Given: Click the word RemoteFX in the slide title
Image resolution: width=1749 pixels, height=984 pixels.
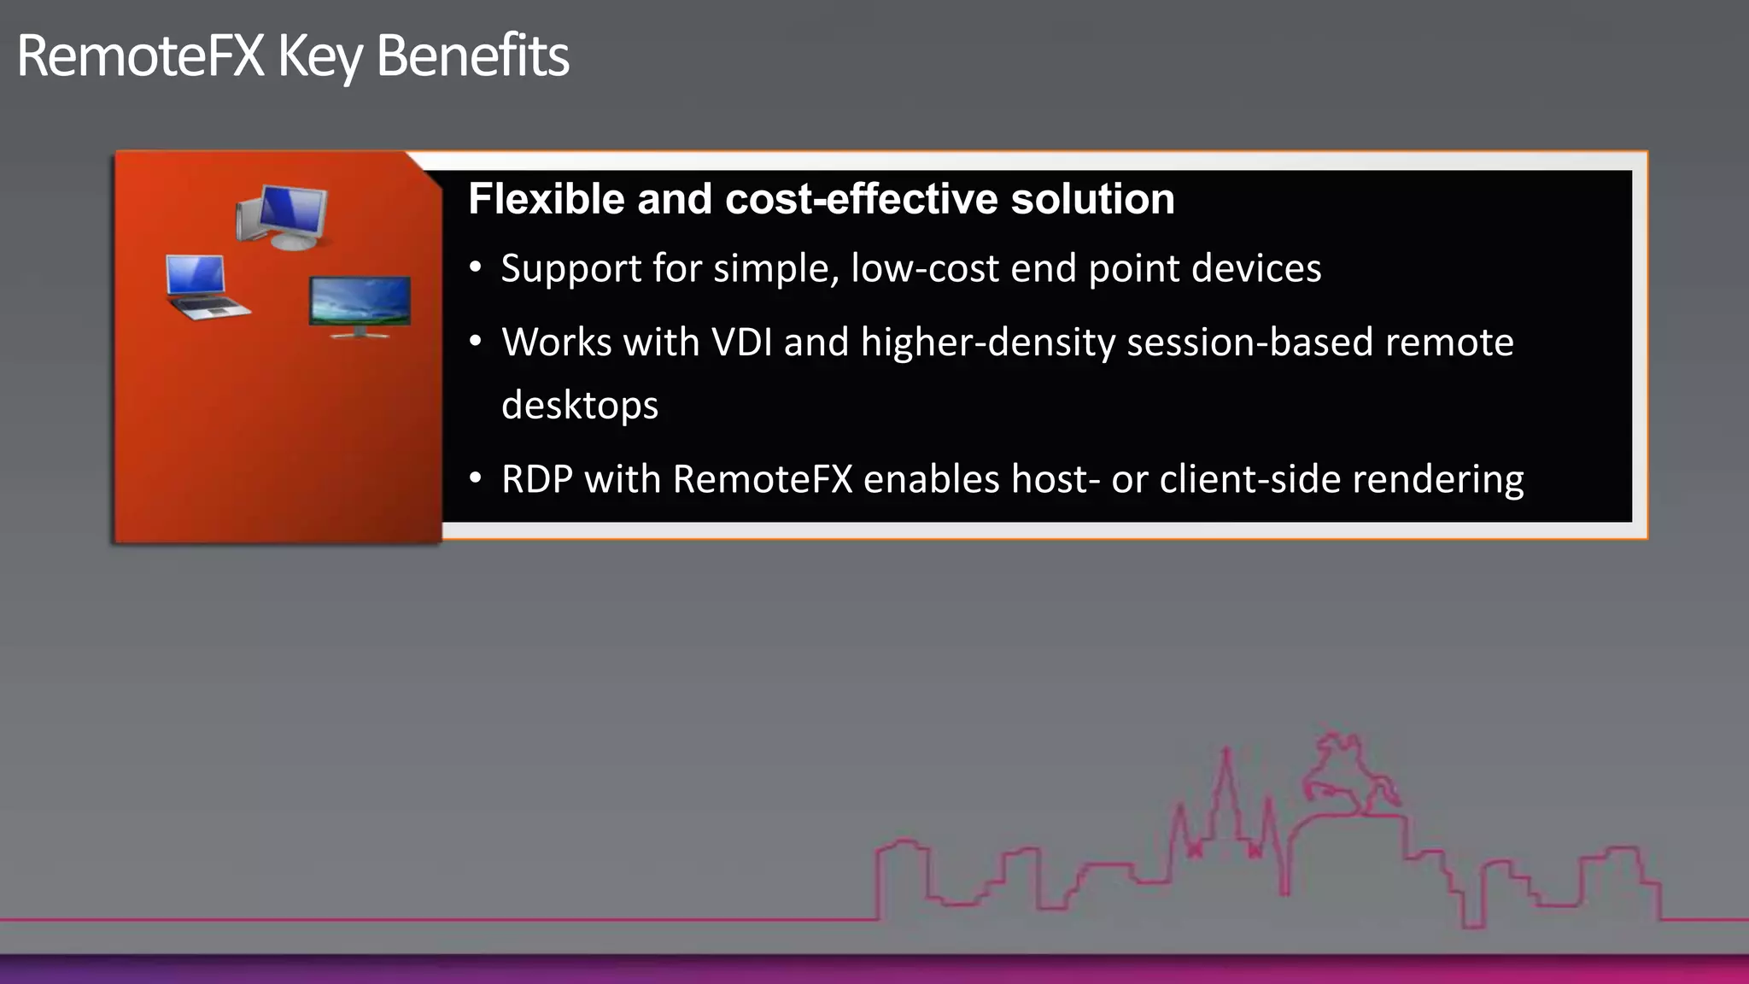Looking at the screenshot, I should click(140, 56).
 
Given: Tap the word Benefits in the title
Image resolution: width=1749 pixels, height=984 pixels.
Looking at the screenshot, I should click(471, 56).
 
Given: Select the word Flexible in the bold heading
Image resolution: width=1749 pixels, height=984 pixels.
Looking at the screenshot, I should click(547, 199).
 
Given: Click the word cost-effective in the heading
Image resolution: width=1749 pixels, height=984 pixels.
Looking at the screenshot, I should click(862, 199).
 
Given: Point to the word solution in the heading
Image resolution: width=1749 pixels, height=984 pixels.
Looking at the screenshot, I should click(1092, 199).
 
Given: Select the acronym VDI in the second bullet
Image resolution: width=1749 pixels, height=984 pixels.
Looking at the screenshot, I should click(741, 343).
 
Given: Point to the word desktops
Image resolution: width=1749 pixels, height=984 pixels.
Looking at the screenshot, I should click(580, 406).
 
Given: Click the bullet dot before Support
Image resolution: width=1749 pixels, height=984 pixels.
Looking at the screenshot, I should click(476, 268).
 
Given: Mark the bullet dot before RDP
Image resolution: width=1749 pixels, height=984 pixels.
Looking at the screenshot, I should click(476, 478).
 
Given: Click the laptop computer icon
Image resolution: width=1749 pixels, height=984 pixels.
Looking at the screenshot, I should click(203, 287).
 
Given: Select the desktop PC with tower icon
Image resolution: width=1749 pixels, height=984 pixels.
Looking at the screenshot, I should click(283, 216).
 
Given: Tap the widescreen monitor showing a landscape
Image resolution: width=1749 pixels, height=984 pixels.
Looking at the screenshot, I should click(360, 305).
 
